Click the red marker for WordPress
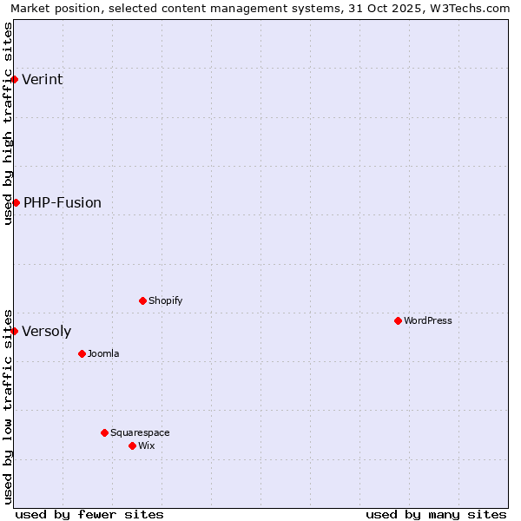[398, 320]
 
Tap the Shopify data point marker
[142, 300]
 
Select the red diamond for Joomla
[82, 353]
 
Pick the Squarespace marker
[104, 432]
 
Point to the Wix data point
[132, 445]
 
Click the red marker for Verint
[14, 79]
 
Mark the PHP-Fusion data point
[16, 202]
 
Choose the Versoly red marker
[14, 331]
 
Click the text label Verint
[43, 80]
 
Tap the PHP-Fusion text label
[63, 203]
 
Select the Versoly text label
[47, 332]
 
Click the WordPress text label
[428, 321]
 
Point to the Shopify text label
[166, 301]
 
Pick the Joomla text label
[103, 354]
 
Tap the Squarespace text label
[140, 433]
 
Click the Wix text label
[147, 446]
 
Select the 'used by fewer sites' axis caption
[89, 514]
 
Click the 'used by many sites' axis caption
[436, 514]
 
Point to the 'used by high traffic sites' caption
[8, 123]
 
